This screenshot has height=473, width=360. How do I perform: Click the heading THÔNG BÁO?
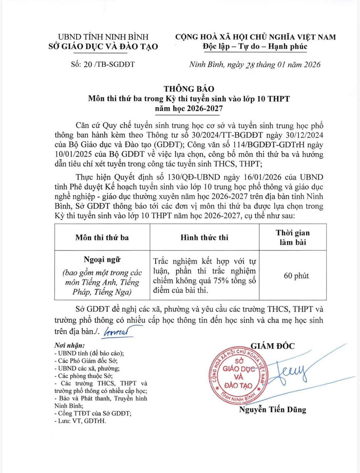(x=189, y=89)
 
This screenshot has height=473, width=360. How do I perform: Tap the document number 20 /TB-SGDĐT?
(x=102, y=64)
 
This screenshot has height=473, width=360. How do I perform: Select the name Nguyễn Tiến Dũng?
(x=272, y=409)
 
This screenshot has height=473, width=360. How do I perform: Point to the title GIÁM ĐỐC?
(x=273, y=346)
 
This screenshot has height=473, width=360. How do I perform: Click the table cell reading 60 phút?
(x=296, y=276)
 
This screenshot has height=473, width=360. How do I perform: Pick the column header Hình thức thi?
(x=204, y=238)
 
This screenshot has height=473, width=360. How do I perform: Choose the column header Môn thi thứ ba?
(x=102, y=238)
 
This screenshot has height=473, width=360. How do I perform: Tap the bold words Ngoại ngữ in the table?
(x=102, y=260)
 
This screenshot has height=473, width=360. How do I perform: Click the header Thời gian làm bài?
(x=292, y=238)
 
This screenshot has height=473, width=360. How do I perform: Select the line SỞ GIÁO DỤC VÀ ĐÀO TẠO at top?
(x=103, y=47)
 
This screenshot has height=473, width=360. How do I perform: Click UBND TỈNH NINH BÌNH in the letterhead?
(x=103, y=37)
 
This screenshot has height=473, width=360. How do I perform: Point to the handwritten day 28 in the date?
(x=250, y=65)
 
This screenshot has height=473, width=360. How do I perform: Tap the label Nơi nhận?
(x=69, y=346)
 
